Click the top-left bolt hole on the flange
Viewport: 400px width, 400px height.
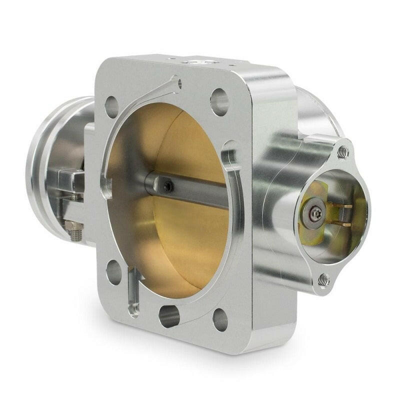click(111, 106)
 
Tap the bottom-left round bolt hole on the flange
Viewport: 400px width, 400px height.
click(113, 272)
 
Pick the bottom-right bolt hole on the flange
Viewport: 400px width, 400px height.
click(220, 320)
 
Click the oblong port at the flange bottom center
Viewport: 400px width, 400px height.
click(169, 316)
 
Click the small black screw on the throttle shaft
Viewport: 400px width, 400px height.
click(168, 186)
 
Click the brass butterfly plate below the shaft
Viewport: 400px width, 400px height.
click(185, 240)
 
